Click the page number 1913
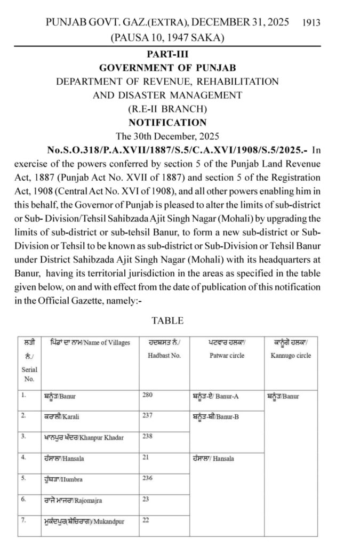click(x=310, y=22)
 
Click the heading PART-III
click(x=167, y=54)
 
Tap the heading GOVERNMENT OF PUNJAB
click(x=167, y=68)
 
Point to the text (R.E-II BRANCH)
click(x=167, y=109)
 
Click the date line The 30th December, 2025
click(x=167, y=135)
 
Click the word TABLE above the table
click(x=167, y=320)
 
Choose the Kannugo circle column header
click(x=292, y=349)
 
